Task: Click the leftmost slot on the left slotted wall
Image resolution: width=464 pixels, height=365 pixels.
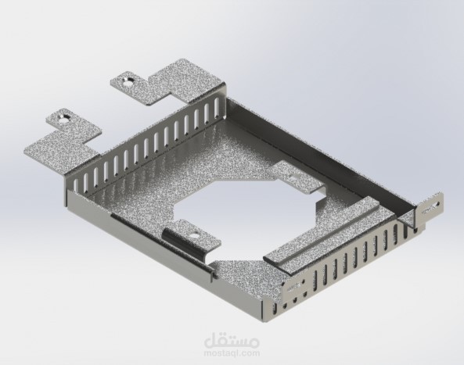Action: pos(78,182)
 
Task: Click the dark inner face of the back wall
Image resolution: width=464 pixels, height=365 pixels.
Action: pos(313,141)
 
